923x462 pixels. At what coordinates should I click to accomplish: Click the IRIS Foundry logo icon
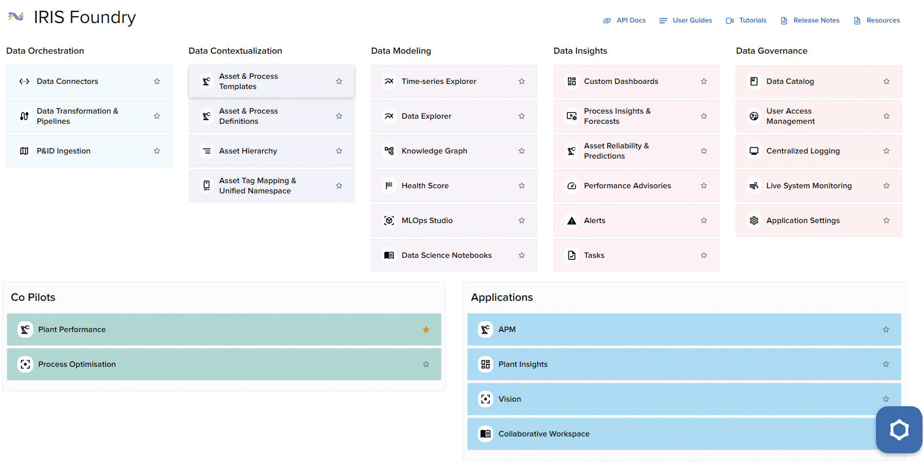pyautogui.click(x=16, y=17)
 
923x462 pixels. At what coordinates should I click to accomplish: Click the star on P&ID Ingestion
pyautogui.click(x=157, y=151)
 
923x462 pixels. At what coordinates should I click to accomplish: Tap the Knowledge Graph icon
pyautogui.click(x=389, y=151)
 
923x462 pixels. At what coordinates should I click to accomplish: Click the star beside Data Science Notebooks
pyautogui.click(x=521, y=255)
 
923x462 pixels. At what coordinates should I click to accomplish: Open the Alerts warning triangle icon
pyautogui.click(x=572, y=221)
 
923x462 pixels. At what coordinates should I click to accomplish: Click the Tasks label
pyautogui.click(x=594, y=255)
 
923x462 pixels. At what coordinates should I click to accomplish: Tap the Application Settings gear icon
pyautogui.click(x=754, y=221)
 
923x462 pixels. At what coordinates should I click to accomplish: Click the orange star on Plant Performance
pyautogui.click(x=426, y=329)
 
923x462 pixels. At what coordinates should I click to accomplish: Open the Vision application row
pyautogui.click(x=665, y=399)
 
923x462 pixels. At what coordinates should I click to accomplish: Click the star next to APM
pyautogui.click(x=886, y=329)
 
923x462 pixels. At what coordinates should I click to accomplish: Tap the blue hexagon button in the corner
pyautogui.click(x=898, y=430)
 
